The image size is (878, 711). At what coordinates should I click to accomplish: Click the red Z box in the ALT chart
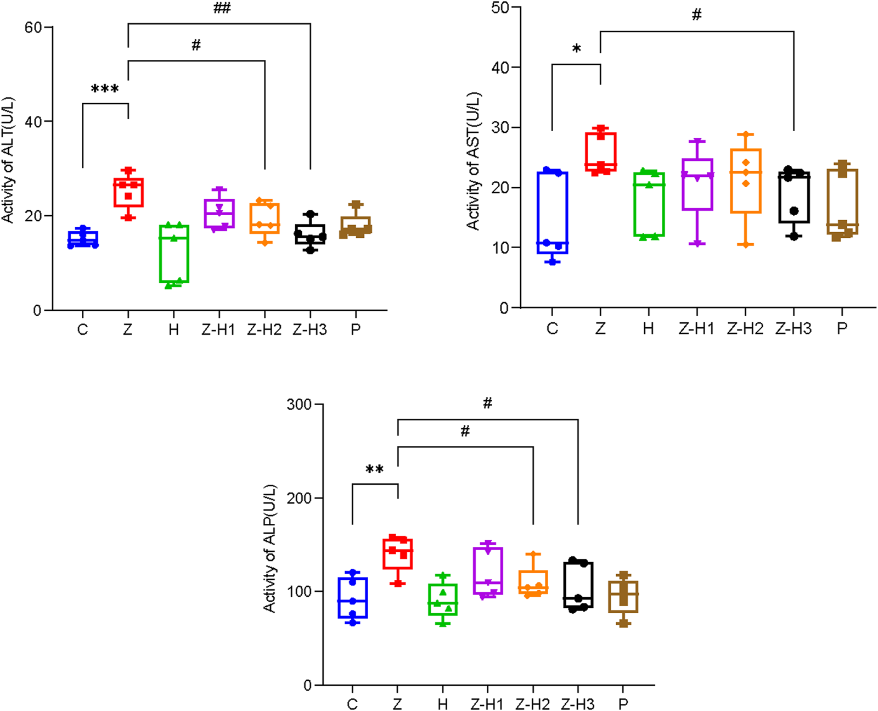point(128,192)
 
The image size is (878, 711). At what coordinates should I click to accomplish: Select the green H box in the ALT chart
point(174,254)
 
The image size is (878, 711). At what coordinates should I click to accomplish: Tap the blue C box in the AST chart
point(553,212)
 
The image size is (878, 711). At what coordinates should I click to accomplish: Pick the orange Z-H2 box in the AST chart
point(745,181)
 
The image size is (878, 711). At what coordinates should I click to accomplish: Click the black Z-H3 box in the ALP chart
point(578,584)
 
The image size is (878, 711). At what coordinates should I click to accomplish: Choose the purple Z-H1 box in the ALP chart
point(488,570)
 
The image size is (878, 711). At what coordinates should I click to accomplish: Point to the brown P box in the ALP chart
point(623,596)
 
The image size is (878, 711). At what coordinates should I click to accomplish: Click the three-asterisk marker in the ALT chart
point(105,89)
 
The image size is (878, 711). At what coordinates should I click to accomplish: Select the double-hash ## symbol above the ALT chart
point(222,8)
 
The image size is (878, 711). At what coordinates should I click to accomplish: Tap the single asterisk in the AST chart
point(576,49)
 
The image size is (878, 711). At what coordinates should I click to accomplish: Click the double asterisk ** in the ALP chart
point(374,470)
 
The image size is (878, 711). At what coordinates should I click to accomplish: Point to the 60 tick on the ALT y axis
point(33,27)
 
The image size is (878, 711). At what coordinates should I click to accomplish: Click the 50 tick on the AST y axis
point(500,8)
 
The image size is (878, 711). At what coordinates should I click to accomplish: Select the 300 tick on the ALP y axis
point(299,405)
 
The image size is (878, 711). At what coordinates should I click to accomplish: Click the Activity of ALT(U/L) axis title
point(8,160)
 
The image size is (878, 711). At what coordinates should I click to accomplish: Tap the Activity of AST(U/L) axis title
point(473,161)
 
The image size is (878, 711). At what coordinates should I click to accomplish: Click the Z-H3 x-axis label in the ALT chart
point(309,329)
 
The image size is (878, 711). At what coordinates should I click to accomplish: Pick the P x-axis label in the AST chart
point(842,328)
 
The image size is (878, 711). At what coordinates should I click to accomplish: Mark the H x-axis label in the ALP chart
point(443,704)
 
